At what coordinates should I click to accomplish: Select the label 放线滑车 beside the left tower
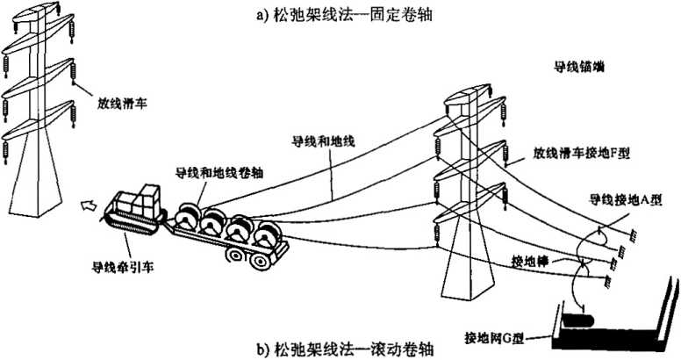point(122,102)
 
